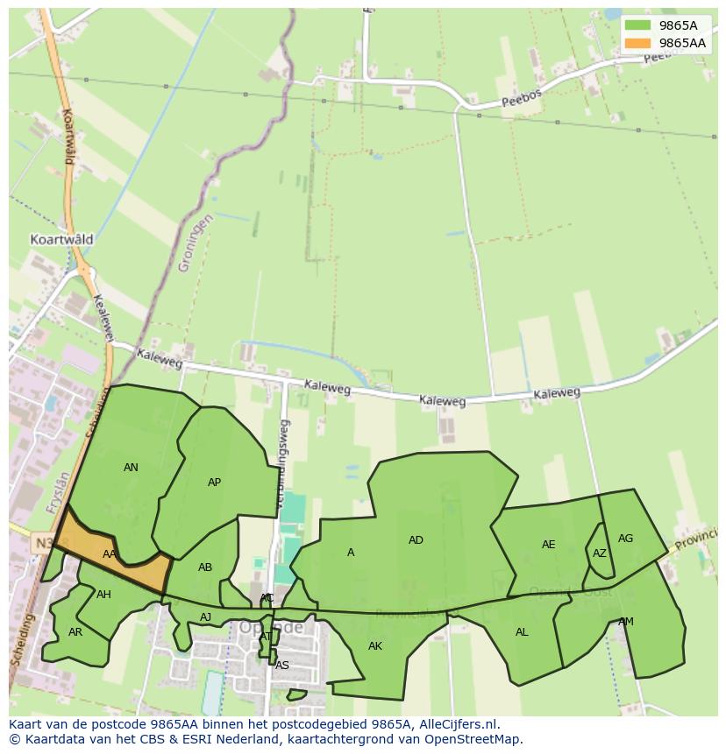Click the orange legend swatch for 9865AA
coord(637,43)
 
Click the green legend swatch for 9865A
coord(637,25)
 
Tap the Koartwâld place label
coord(61,239)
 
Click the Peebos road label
coord(522,99)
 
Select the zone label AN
coord(131,468)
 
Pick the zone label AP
coord(214,483)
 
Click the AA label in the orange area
coord(110,554)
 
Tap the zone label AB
coord(205,567)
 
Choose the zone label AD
coord(416,540)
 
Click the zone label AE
coord(548,545)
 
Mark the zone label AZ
coord(599,553)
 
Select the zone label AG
coord(625,539)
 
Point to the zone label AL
coord(522,632)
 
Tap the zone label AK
coord(375,646)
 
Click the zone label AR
coord(75,631)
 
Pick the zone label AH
coord(103,595)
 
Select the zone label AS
coord(281,666)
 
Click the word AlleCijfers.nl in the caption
coord(458,724)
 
